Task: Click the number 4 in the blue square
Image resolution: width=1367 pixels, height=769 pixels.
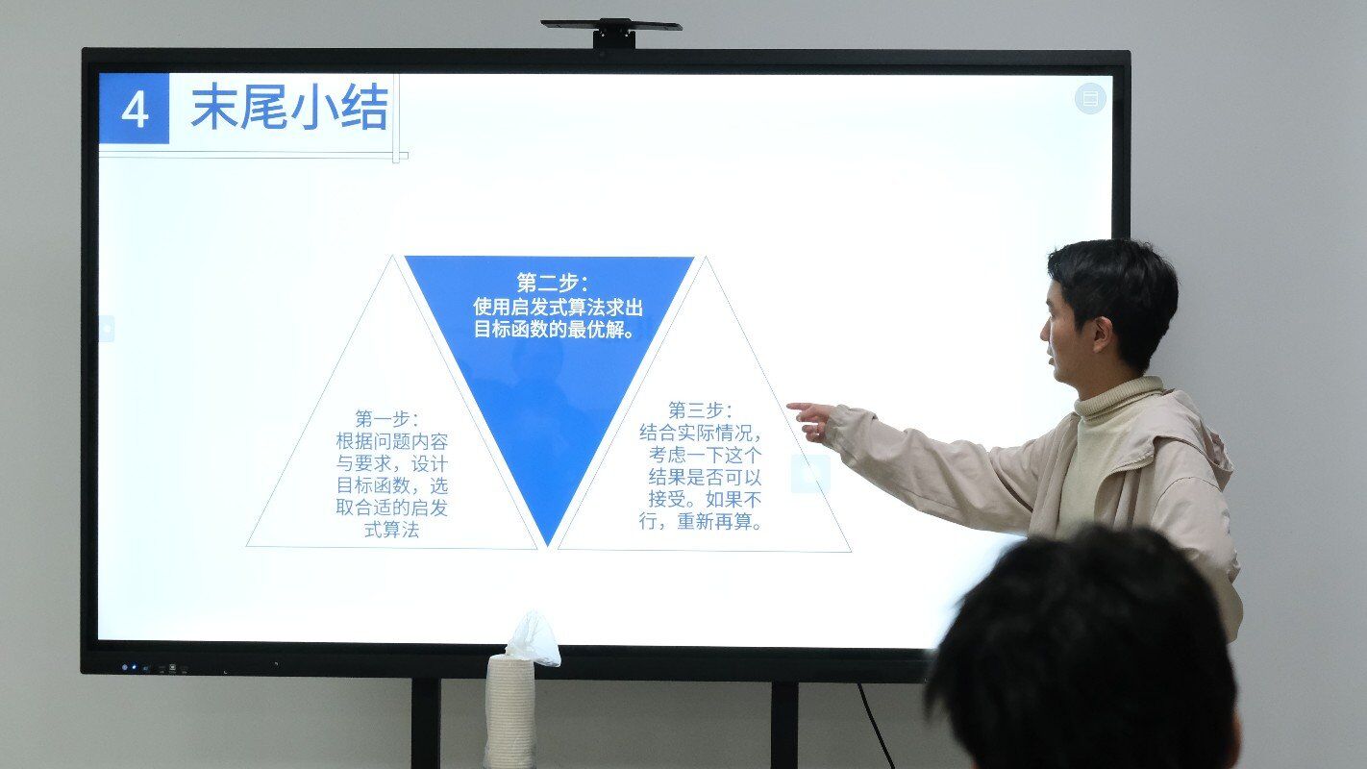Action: coord(135,111)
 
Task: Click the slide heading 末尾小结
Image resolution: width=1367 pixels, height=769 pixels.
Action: coord(290,108)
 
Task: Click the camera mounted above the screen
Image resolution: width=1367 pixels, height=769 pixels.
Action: coord(611,33)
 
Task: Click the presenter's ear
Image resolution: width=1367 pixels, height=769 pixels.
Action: coord(1102,335)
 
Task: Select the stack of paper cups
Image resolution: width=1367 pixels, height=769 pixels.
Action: coord(510,711)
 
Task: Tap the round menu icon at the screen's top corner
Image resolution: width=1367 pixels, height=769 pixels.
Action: coord(1090,98)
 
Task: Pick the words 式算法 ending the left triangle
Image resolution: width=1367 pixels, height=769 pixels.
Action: coord(391,530)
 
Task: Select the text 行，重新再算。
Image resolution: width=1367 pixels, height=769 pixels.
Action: coord(701,522)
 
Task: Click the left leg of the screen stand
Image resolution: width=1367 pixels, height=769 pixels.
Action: coord(425,723)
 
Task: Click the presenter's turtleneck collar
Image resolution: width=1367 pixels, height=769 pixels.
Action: coord(1118,397)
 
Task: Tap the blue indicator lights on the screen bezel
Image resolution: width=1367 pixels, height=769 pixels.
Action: coord(130,668)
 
